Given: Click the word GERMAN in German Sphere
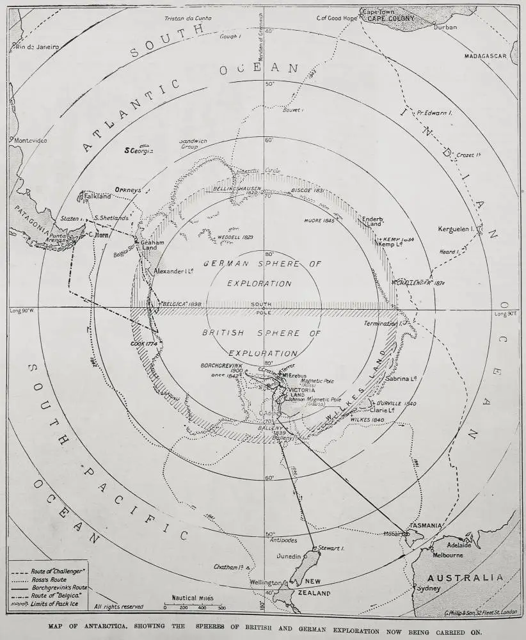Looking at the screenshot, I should (x=224, y=264).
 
